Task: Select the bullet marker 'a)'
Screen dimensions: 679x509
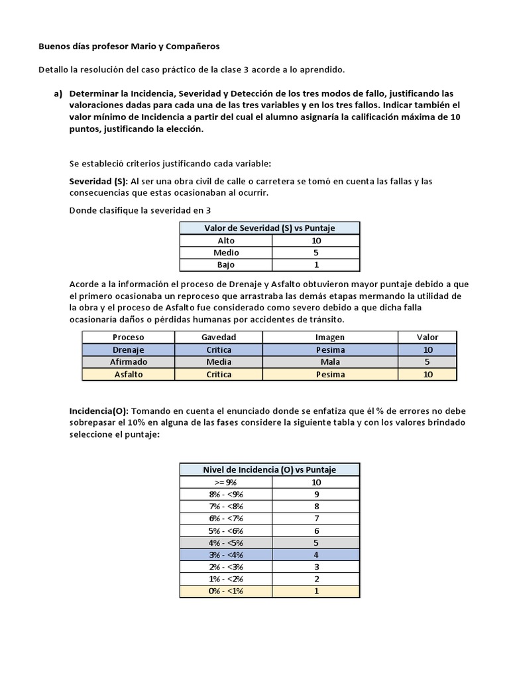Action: click(58, 93)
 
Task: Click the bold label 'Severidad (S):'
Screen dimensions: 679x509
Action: click(98, 181)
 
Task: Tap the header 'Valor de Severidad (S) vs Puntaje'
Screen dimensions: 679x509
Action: click(269, 228)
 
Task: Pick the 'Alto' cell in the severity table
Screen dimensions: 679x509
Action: click(226, 241)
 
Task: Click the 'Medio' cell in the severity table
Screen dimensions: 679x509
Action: click(226, 253)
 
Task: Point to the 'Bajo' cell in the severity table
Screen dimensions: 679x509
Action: click(226, 265)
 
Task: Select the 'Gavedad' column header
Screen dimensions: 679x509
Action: click(219, 337)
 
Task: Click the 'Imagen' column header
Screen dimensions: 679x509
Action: click(329, 337)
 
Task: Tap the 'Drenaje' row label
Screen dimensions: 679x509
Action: click(128, 349)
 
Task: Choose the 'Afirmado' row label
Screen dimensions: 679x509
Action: click(128, 362)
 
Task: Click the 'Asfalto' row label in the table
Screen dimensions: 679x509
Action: click(128, 374)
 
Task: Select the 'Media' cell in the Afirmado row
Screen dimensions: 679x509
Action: click(219, 362)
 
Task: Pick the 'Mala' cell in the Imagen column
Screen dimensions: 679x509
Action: click(329, 362)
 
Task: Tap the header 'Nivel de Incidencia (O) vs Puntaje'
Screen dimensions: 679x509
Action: click(269, 469)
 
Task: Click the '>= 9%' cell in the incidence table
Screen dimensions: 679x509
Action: click(226, 482)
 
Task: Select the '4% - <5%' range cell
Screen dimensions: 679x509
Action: click(226, 542)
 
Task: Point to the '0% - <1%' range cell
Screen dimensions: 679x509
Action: click(226, 591)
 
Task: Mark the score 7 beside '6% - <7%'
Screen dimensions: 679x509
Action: click(316, 519)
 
